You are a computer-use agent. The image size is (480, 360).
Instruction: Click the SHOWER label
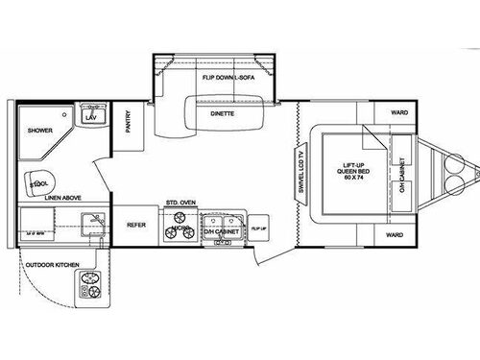38,130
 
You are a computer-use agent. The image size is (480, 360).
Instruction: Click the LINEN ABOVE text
63,199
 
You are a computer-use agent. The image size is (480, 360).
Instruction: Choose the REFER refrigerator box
135,225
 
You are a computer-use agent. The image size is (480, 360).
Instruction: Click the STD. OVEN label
181,204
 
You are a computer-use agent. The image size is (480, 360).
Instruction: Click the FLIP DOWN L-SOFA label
228,75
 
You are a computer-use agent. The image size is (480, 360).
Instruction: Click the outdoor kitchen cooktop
91,284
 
